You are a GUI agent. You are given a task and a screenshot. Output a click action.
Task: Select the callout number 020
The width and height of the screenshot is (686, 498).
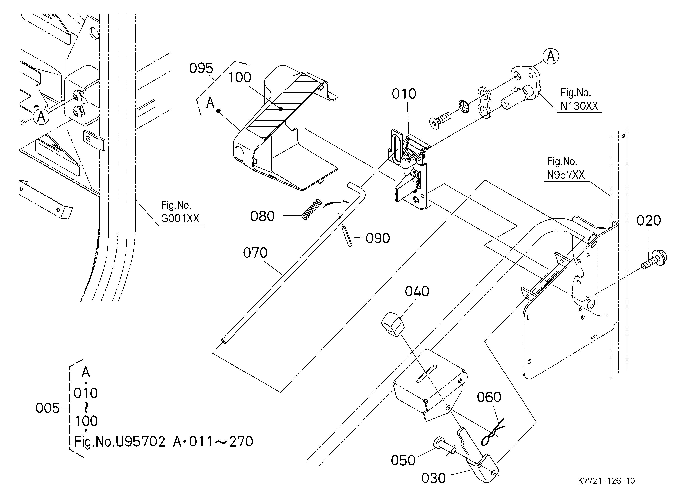pos(648,221)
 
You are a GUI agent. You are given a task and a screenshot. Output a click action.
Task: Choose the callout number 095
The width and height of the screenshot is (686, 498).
pos(201,68)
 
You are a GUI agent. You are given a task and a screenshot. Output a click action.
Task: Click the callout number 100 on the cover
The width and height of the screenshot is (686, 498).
pos(239,77)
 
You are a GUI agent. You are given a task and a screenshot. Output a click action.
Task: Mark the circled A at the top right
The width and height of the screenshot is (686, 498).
pos(551,56)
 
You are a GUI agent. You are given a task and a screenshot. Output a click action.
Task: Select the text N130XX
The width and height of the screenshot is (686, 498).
pos(579,106)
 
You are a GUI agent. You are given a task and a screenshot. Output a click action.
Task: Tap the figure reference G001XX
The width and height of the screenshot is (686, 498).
pos(180,218)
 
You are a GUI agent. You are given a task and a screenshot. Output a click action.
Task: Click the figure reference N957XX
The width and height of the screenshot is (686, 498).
pos(566,175)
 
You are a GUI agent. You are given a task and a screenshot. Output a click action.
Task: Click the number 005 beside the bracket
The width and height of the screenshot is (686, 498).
pos(48,409)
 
